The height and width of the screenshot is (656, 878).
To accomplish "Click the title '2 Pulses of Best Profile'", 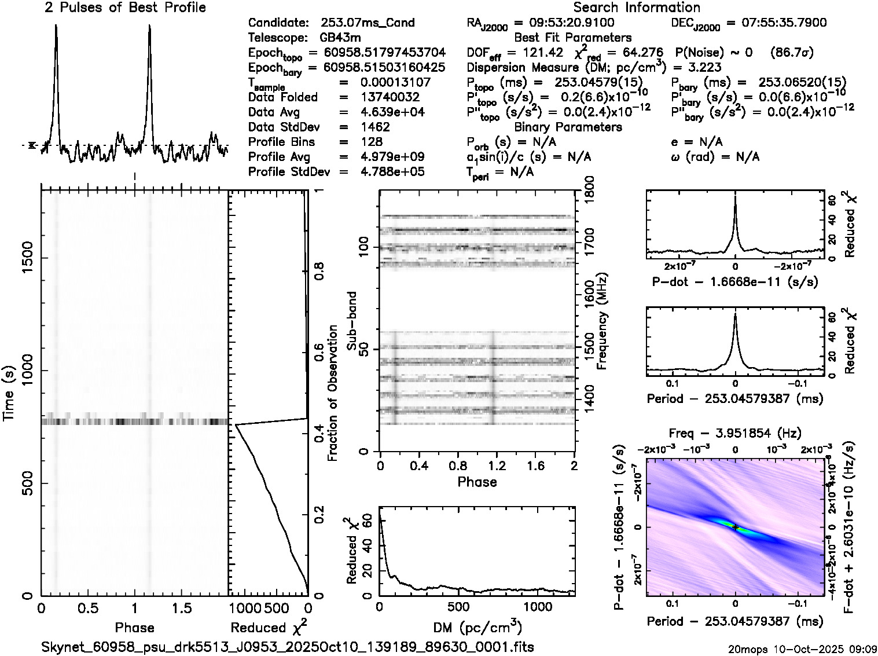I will (125, 8).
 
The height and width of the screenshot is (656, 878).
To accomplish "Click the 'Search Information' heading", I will (637, 8).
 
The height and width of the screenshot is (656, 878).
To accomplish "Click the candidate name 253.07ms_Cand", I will (368, 23).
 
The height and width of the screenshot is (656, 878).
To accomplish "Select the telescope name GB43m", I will (342, 38).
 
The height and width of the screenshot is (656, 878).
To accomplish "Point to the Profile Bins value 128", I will (371, 142).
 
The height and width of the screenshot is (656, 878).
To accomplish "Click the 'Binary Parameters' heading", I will (568, 127).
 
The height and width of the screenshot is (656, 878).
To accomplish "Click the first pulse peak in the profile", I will (56, 26).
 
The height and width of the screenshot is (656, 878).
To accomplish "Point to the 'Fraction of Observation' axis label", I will (332, 393).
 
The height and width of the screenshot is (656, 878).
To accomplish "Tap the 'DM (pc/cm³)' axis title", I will (477, 628).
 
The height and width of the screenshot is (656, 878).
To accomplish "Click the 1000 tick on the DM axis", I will (538, 607).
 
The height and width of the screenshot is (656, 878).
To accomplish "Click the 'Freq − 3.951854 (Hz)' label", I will (735, 433).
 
